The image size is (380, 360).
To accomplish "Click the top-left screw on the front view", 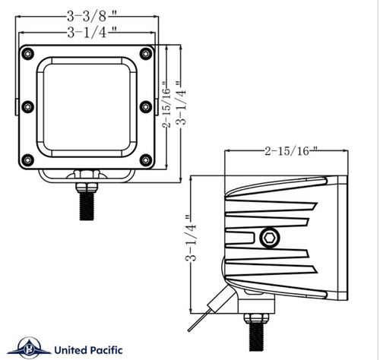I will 28,52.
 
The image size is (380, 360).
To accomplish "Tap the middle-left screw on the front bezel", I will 28,106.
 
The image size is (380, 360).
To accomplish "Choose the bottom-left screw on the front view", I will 28,159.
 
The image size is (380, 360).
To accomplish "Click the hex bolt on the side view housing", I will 268,237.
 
